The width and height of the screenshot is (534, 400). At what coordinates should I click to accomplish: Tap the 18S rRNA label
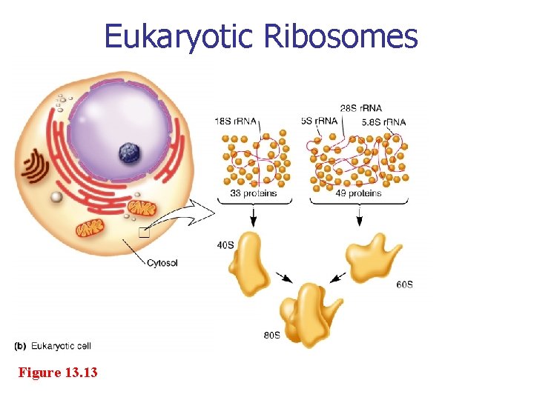[x=232, y=121]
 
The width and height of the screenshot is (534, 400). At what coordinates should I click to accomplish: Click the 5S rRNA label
[x=320, y=121]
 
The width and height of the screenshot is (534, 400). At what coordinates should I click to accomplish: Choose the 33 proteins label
[x=254, y=193]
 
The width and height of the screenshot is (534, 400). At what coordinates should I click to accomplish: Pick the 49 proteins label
[x=359, y=193]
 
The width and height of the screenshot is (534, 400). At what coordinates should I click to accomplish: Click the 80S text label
[x=271, y=336]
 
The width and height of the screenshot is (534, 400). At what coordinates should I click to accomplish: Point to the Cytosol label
[x=162, y=262]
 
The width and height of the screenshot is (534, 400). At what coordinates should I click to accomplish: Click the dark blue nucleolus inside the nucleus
[x=130, y=153]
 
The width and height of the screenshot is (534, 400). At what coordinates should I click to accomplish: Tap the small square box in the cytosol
[x=144, y=233]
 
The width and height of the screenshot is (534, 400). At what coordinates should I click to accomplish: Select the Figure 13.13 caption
[x=58, y=372]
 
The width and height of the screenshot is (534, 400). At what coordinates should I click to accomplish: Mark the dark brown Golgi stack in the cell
[x=33, y=167]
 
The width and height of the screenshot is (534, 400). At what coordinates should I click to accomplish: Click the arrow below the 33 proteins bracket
[x=254, y=216]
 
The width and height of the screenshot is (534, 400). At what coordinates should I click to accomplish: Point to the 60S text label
[x=405, y=284]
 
